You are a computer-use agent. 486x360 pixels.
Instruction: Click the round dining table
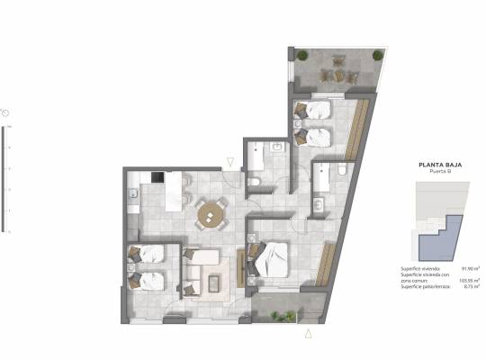pyautogui.click(x=212, y=213)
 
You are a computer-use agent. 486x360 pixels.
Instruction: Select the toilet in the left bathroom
pyautogui.click(x=254, y=182)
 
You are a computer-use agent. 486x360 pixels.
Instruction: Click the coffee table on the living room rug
pyautogui.click(x=217, y=283)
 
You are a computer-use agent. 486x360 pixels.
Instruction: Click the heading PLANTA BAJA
pyautogui.click(x=440, y=165)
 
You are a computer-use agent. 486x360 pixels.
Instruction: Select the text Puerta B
pyautogui.click(x=440, y=173)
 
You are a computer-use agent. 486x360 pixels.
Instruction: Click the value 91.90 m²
pyautogui.click(x=469, y=269)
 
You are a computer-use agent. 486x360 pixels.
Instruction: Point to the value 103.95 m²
pyautogui.click(x=468, y=281)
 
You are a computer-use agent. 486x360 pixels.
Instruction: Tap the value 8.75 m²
pyautogui.click(x=470, y=287)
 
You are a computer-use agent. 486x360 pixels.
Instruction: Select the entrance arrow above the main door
pyautogui.click(x=231, y=162)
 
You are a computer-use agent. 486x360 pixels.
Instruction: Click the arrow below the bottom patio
pyautogui.click(x=309, y=334)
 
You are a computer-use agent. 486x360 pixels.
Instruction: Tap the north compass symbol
pyautogui.click(x=6, y=112)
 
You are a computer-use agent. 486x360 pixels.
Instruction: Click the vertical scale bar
pyautogui.click(x=9, y=180)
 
